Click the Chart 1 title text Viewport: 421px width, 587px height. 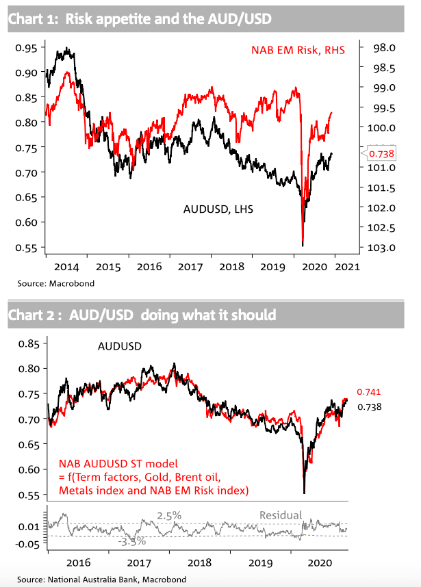tap(140, 20)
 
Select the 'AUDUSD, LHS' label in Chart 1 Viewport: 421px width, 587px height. tap(216, 209)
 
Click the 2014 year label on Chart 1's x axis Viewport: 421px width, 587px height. tap(68, 267)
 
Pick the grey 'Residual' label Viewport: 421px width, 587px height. tap(279, 515)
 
